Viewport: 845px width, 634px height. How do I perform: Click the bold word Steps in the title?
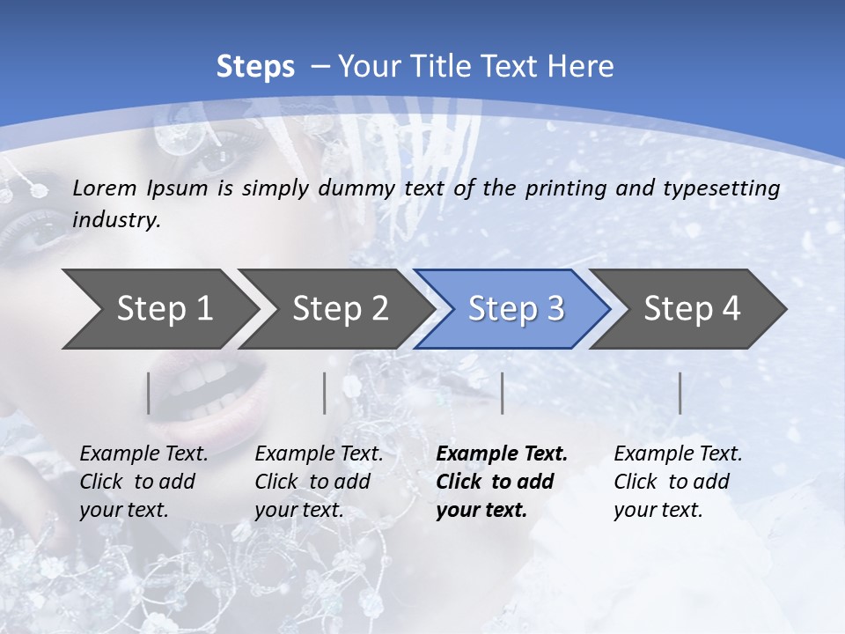tap(255, 67)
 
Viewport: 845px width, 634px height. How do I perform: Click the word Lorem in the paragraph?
tap(105, 188)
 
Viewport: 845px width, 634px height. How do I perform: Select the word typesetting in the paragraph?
tap(727, 188)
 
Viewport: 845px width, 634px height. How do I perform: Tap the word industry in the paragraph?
tap(116, 220)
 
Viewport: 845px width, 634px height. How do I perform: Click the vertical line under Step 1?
tap(149, 393)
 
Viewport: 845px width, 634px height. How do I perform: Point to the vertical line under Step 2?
tap(325, 393)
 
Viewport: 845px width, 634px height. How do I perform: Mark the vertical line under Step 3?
tap(503, 393)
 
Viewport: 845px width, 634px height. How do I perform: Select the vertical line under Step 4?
tap(680, 393)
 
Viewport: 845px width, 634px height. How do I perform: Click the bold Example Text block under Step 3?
tap(502, 482)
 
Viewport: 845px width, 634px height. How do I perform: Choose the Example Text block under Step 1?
tap(143, 482)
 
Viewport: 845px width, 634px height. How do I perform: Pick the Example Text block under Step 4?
tap(678, 482)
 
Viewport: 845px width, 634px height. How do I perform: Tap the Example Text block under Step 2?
tap(319, 482)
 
